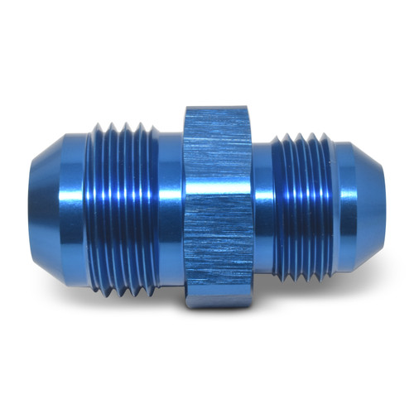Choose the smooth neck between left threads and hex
(x=170, y=207)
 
